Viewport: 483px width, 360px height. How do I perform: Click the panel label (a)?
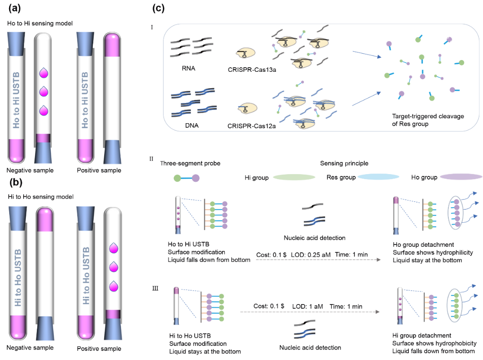tap(15, 8)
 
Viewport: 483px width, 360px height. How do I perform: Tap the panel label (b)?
tap(16, 182)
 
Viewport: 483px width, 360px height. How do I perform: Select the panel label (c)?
tap(158, 8)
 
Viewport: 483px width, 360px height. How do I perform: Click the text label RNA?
tap(189, 68)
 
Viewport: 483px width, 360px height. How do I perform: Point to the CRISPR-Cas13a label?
tap(252, 70)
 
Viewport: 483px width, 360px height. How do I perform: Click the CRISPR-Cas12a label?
tap(252, 126)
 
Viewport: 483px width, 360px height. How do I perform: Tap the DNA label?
tap(191, 125)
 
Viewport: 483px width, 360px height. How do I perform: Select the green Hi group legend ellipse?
tap(294, 177)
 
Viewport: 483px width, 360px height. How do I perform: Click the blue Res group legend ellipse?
tap(378, 177)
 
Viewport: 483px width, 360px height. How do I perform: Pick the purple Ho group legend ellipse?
tap(461, 177)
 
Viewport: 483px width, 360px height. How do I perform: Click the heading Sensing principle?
tap(344, 163)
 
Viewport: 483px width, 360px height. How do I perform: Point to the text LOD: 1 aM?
tap(307, 306)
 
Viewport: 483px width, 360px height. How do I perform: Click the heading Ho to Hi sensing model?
tap(40, 23)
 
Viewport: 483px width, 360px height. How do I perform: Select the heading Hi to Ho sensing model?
tap(40, 197)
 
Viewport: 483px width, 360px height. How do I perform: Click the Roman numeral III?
tap(155, 288)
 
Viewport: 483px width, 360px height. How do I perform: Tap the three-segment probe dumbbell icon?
tap(186, 178)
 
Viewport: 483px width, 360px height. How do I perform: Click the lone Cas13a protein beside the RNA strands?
tap(246, 53)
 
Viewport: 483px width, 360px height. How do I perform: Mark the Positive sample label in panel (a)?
tap(99, 170)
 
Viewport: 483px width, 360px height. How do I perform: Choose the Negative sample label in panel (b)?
tap(30, 348)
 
